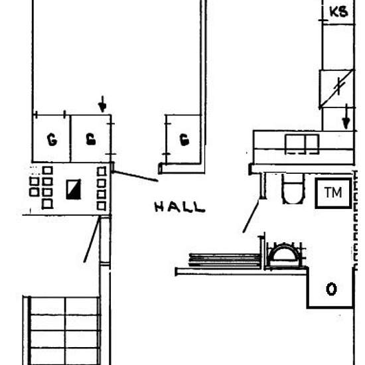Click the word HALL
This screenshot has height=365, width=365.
(180, 208)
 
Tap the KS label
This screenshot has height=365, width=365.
(338, 12)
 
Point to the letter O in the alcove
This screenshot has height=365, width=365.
(331, 289)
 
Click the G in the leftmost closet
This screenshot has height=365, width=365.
(50, 139)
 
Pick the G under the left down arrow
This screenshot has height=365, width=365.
(90, 139)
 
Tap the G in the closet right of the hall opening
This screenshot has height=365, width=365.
(184, 139)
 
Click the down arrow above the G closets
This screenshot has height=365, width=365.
(102, 104)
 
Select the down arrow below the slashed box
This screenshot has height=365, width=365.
(346, 118)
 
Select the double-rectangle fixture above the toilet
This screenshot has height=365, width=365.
(302, 143)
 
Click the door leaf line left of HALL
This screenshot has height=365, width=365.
(136, 176)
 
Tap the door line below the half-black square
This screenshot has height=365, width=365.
(92, 239)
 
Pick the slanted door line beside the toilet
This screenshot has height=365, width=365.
(251, 217)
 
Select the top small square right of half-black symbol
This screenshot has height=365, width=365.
(102, 172)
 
